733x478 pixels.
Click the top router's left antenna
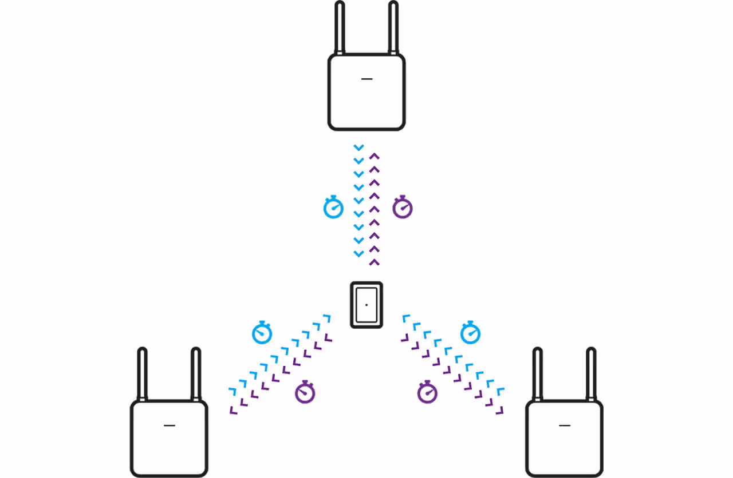[x=340, y=29]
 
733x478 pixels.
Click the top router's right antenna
[x=393, y=29]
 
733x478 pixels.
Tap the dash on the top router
[x=367, y=78]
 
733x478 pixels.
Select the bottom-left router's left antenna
[x=142, y=375]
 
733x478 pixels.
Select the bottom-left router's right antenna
[x=195, y=375]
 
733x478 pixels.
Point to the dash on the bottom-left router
[x=169, y=425]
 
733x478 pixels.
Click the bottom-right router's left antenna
[x=537, y=375]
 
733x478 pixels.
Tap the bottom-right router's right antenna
[x=590, y=375]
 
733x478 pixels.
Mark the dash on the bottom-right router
[x=565, y=425]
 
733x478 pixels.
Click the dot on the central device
[x=366, y=304]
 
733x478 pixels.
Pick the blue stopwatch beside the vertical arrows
[x=333, y=208]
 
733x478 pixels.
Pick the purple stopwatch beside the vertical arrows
[x=403, y=208]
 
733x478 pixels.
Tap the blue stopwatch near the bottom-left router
[x=262, y=333]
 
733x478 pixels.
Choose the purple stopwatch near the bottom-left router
[x=305, y=392]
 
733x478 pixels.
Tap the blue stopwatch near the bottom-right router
[x=470, y=333]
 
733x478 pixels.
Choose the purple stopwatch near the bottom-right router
[x=428, y=392]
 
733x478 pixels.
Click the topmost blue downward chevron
[x=359, y=148]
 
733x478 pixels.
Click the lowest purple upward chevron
[x=375, y=262]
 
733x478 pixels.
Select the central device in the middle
[x=366, y=305]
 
